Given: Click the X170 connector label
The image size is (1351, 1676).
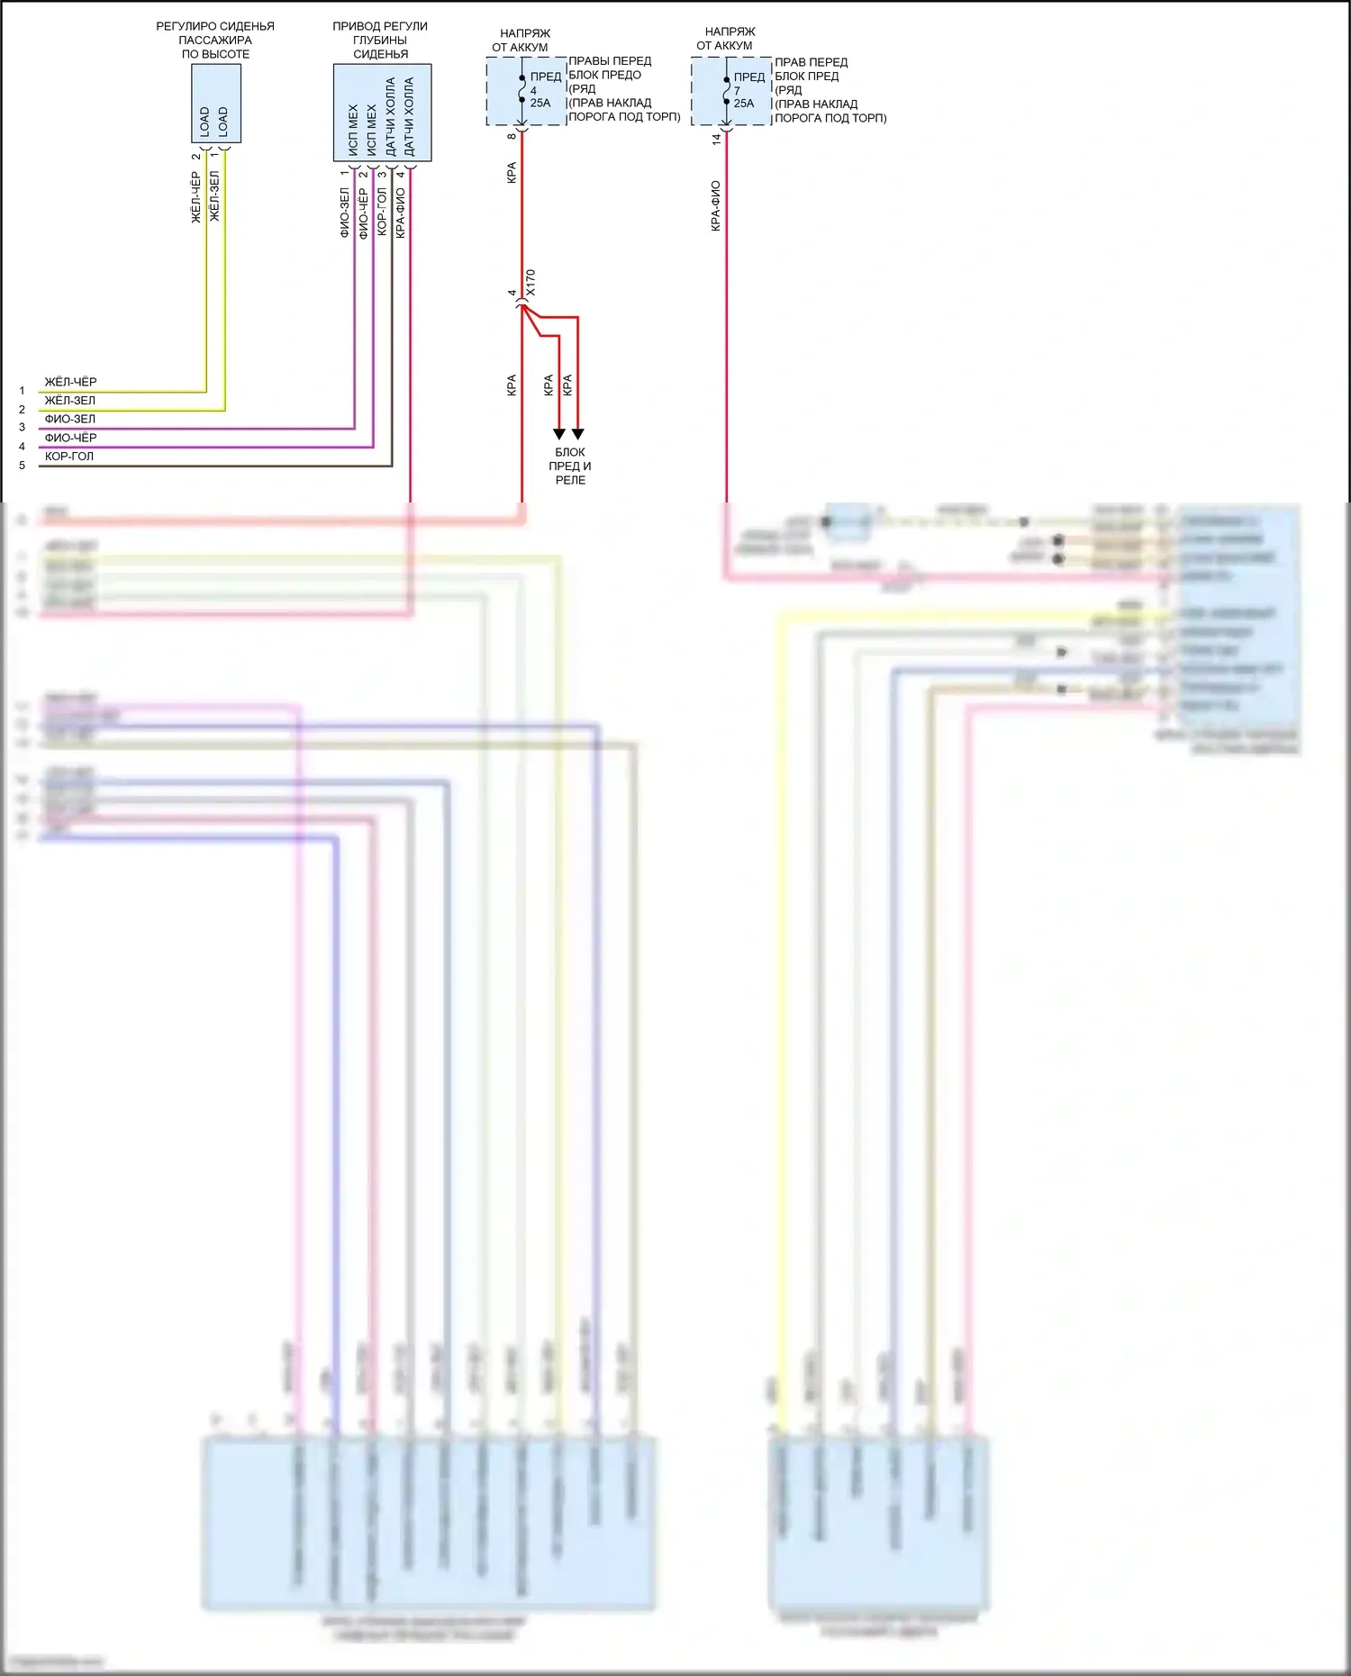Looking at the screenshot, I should click(x=530, y=282).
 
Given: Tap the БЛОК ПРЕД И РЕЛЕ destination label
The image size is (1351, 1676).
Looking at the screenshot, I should click(x=570, y=467).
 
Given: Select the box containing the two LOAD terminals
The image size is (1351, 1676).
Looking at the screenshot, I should click(x=216, y=104).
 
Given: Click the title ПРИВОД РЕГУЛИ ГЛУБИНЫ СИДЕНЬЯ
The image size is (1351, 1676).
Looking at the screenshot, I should click(x=380, y=41).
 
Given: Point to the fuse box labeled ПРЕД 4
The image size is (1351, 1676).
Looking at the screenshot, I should click(x=527, y=92).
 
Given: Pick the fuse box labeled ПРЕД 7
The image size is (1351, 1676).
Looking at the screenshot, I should click(x=731, y=92).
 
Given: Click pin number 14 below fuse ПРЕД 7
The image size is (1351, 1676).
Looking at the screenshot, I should click(x=717, y=140).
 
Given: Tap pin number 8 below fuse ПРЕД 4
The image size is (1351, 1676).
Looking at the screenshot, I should click(x=512, y=136).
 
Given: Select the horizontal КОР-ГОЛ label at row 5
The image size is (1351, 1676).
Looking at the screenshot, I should click(x=69, y=457).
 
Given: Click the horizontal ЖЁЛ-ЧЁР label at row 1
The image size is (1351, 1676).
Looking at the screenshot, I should click(x=70, y=382).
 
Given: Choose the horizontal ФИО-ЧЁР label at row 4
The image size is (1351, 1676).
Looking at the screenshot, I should click(x=70, y=438).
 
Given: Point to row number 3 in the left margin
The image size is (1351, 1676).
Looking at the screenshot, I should click(x=23, y=428).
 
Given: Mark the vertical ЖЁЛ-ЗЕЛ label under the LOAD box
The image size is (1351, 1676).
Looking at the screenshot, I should click(x=214, y=196).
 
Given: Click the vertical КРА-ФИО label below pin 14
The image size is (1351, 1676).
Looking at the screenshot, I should click(x=716, y=206).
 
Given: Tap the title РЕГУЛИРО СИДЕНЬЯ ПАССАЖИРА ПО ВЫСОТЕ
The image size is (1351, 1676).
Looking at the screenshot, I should click(x=215, y=41).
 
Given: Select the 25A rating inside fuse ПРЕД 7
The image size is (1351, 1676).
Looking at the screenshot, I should click(x=744, y=104).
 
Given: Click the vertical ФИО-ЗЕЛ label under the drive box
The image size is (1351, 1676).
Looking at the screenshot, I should click(x=344, y=213).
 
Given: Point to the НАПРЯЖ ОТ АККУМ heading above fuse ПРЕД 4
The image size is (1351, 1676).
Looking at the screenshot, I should click(x=521, y=41).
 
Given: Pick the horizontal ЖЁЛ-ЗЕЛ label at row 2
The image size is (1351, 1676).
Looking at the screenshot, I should click(x=70, y=401).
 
